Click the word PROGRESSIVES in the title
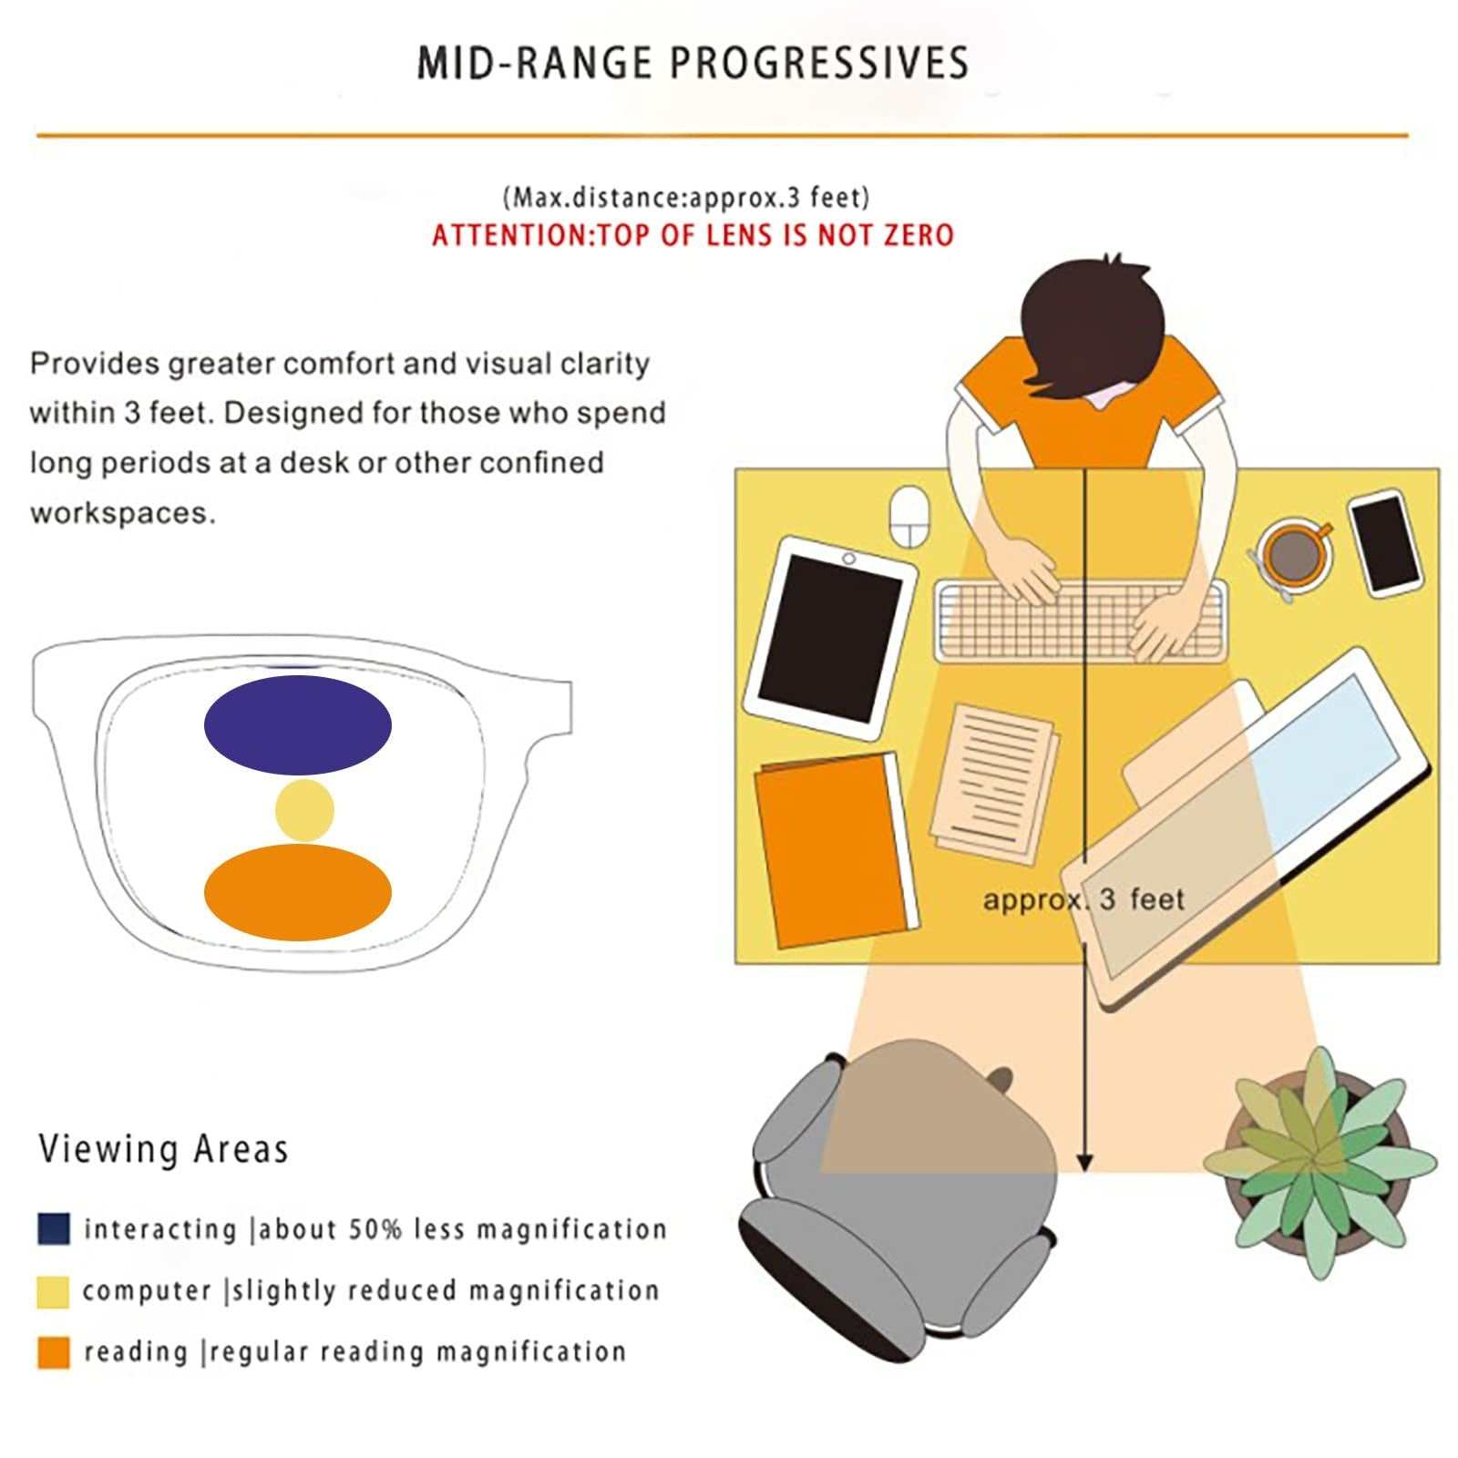coord(819,64)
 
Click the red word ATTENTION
coord(511,235)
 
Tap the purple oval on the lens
coord(298,725)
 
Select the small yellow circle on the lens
coord(304,810)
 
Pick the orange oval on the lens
coord(298,892)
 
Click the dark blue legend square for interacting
coord(54,1228)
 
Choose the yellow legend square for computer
coord(54,1291)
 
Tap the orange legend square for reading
coord(54,1352)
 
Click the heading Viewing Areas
coord(163,1149)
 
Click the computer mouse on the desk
coord(908,517)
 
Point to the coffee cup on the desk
coord(1292,553)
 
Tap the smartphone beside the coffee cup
coord(1385,543)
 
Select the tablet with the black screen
coord(829,638)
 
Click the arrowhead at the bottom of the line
coord(1084,1163)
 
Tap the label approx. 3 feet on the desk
coord(1083,899)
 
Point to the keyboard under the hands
coord(1081,621)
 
